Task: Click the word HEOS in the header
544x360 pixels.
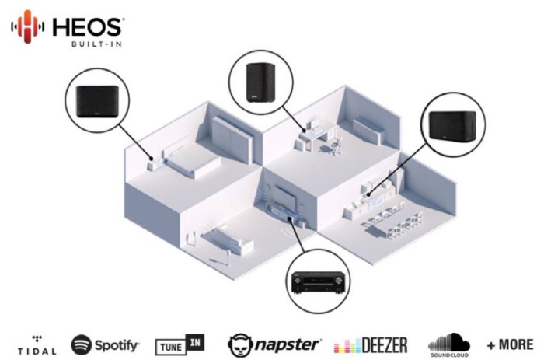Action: point(86,26)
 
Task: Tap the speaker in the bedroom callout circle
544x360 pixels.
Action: point(99,99)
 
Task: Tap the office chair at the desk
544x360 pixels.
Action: point(334,144)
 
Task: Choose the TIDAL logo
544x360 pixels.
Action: point(36,345)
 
